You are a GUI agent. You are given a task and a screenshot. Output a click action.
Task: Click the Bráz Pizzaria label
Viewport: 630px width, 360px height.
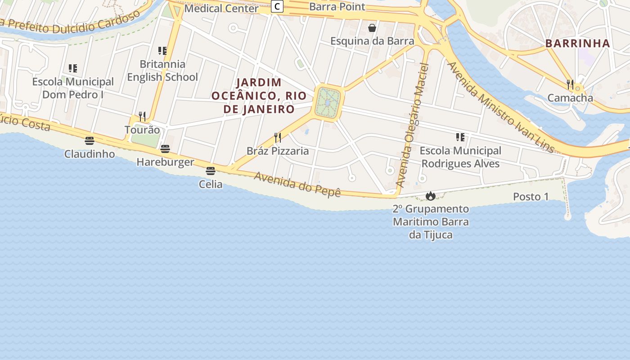pos(278,151)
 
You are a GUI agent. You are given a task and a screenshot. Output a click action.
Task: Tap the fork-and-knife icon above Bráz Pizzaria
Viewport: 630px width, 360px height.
pos(278,138)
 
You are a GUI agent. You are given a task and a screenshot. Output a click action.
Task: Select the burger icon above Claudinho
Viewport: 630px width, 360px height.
pos(90,141)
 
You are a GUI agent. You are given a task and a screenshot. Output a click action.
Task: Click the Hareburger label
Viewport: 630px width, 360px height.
pos(165,162)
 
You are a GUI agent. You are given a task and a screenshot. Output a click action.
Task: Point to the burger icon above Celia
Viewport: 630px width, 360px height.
pos(210,171)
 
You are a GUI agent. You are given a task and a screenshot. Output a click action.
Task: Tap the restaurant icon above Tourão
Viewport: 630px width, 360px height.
pos(142,117)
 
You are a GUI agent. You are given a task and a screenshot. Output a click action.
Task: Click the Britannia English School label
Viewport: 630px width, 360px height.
pos(162,71)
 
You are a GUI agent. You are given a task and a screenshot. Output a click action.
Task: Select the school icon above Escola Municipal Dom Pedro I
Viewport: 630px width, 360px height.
pos(72,68)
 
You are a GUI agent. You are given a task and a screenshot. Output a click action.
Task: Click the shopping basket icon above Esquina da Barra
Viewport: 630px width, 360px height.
pos(372,28)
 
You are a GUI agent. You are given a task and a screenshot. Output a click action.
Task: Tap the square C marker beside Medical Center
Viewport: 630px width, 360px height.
pos(278,6)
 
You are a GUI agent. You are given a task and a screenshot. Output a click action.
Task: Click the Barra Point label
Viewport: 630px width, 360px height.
pos(337,7)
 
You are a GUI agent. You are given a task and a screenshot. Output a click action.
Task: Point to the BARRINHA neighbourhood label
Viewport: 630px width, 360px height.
pos(578,44)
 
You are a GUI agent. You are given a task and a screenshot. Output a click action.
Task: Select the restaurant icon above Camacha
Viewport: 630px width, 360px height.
pos(570,84)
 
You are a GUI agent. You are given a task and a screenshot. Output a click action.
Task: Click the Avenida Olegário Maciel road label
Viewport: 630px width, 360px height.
pos(412,126)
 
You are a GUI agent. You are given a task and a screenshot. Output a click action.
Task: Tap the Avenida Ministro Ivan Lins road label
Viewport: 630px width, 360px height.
pos(500,107)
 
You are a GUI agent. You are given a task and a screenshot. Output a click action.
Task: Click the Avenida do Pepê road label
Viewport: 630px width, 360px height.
pos(297,184)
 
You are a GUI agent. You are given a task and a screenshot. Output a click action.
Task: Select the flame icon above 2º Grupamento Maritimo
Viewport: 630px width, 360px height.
pos(431,196)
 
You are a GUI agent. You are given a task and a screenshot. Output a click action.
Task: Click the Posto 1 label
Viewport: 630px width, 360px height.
pos(531,197)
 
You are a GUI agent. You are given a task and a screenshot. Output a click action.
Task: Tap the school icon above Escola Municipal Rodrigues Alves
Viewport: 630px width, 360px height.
pos(460,137)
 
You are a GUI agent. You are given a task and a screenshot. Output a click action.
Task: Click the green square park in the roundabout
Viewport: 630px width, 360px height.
pos(328,103)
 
